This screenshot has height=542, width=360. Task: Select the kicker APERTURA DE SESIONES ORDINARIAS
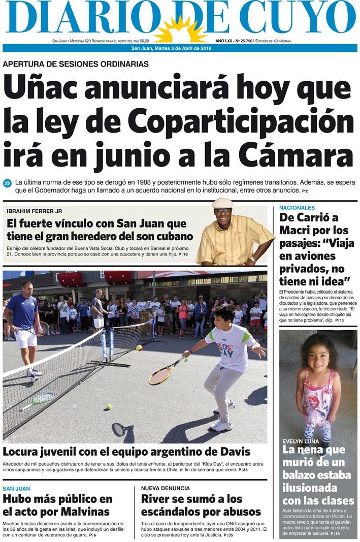click(76, 65)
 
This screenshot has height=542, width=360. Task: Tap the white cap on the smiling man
click(222, 203)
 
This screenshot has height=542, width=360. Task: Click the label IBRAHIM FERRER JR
click(34, 211)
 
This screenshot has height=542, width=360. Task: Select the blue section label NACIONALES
click(297, 208)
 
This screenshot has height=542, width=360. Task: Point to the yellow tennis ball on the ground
click(108, 406)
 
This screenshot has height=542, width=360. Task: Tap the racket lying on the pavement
click(38, 400)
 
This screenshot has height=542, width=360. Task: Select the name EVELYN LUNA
click(301, 441)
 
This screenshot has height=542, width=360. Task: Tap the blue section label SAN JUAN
click(16, 488)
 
